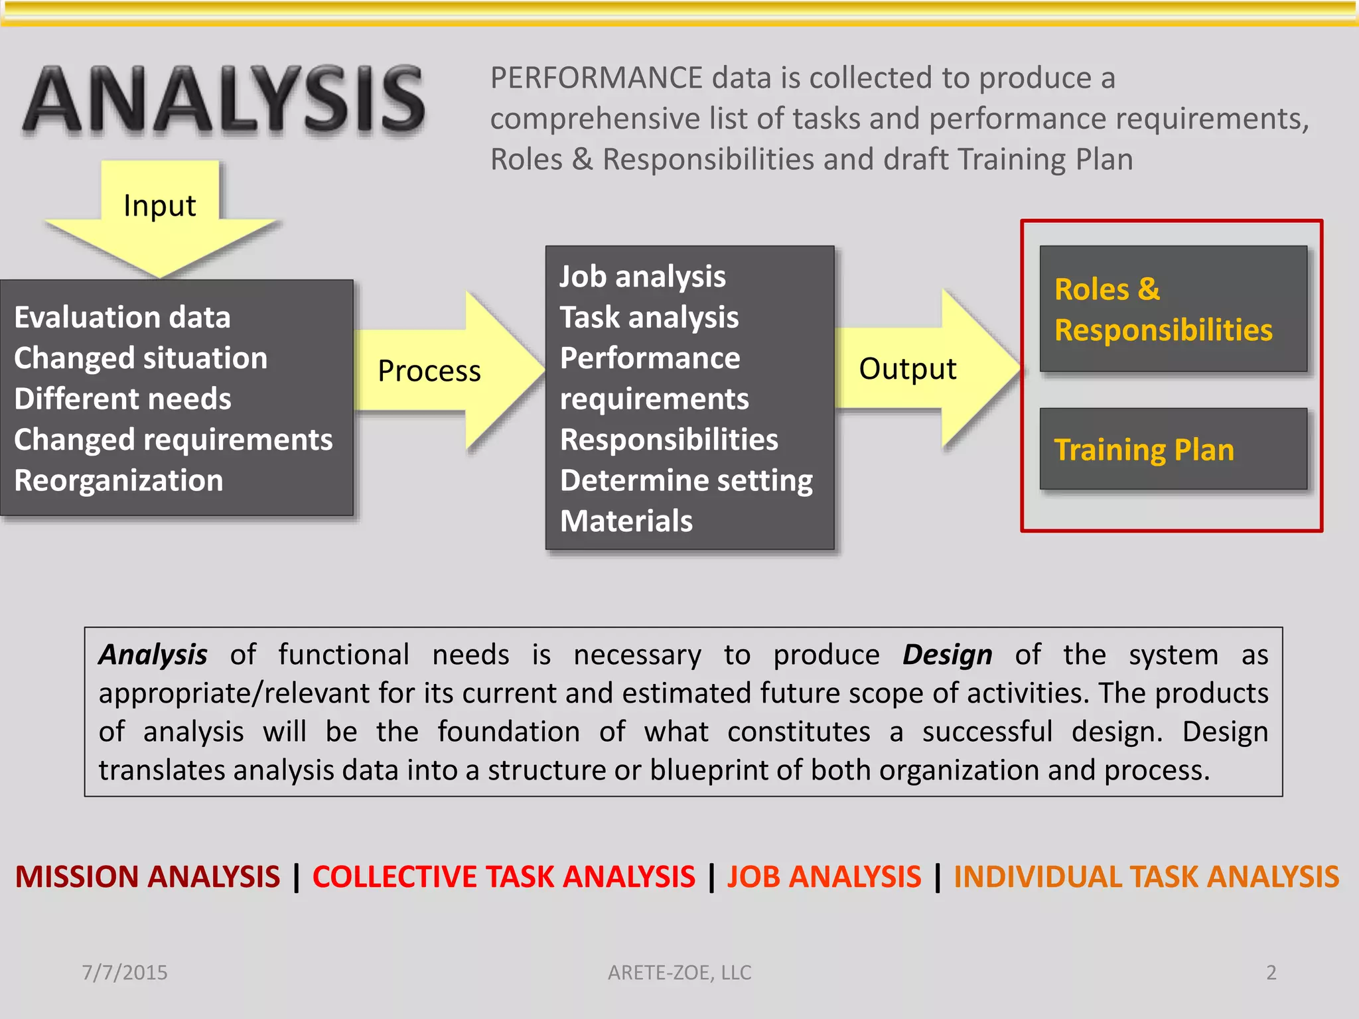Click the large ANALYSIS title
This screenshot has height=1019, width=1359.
tap(224, 100)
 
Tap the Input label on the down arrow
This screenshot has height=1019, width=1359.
tap(159, 206)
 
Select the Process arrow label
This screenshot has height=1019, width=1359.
tap(429, 371)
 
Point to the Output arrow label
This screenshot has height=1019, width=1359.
tap(907, 369)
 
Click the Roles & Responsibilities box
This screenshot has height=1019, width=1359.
tap(1173, 309)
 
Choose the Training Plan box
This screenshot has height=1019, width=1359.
tap(1173, 449)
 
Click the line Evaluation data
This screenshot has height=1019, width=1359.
tap(122, 317)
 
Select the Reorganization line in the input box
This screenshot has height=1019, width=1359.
tap(119, 480)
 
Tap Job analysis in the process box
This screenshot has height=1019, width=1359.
tap(642, 277)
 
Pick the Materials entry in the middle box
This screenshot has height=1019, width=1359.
tap(626, 521)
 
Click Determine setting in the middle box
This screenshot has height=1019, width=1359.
tap(686, 480)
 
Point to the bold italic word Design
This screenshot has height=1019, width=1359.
tap(947, 655)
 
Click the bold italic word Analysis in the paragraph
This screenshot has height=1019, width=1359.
tap(153, 655)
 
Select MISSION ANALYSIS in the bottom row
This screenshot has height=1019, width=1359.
tap(147, 876)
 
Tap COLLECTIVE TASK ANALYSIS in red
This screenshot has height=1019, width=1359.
tap(504, 876)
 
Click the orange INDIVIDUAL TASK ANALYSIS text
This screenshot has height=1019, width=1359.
tap(1146, 876)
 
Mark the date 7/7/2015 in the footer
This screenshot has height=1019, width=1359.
tap(124, 973)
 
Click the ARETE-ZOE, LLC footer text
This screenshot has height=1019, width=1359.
tap(679, 973)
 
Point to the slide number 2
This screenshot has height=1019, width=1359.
tap(1271, 973)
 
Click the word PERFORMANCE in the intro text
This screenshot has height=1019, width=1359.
tap(596, 78)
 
